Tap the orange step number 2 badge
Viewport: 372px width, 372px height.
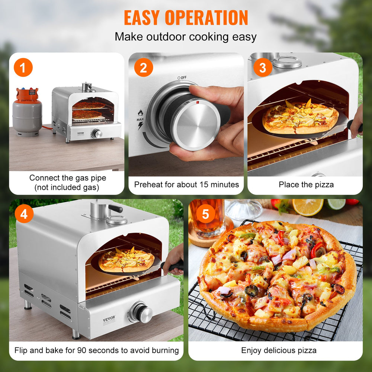[x=143, y=68]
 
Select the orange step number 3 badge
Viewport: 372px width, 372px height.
[x=263, y=68]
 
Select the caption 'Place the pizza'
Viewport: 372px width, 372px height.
[x=306, y=185]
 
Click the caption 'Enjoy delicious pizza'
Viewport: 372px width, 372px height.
[x=279, y=350]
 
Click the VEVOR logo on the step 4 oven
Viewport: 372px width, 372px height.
[x=109, y=318]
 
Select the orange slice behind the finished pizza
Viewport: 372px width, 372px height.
[x=308, y=207]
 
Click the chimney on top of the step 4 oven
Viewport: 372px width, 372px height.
[x=100, y=209]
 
